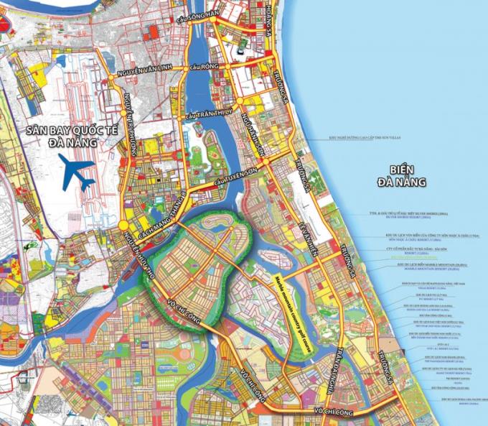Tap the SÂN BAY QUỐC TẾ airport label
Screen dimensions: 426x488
(x=69, y=131)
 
